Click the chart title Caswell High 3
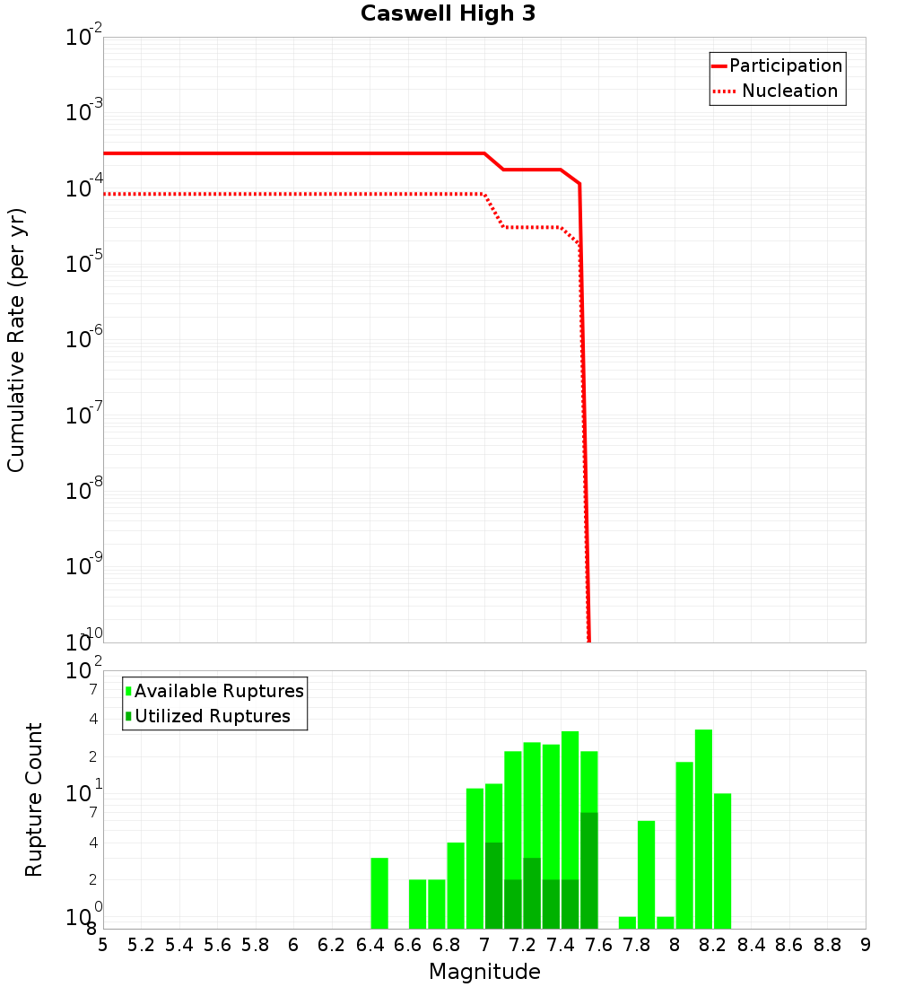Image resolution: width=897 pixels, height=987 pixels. click(448, 14)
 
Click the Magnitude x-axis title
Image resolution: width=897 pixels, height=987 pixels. click(484, 972)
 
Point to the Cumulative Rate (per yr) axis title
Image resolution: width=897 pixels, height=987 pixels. click(16, 340)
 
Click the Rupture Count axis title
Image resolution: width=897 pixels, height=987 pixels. click(34, 799)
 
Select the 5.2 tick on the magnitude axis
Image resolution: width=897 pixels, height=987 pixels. click(142, 945)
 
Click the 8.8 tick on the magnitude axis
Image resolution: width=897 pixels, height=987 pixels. click(827, 945)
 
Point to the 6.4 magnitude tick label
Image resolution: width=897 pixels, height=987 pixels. click(370, 945)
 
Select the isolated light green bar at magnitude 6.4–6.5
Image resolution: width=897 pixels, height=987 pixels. click(379, 893)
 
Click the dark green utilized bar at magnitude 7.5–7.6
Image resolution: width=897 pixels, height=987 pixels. click(589, 870)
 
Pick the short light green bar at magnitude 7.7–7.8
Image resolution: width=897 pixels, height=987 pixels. click(627, 922)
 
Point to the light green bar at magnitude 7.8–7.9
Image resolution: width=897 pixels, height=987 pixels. click(646, 875)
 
